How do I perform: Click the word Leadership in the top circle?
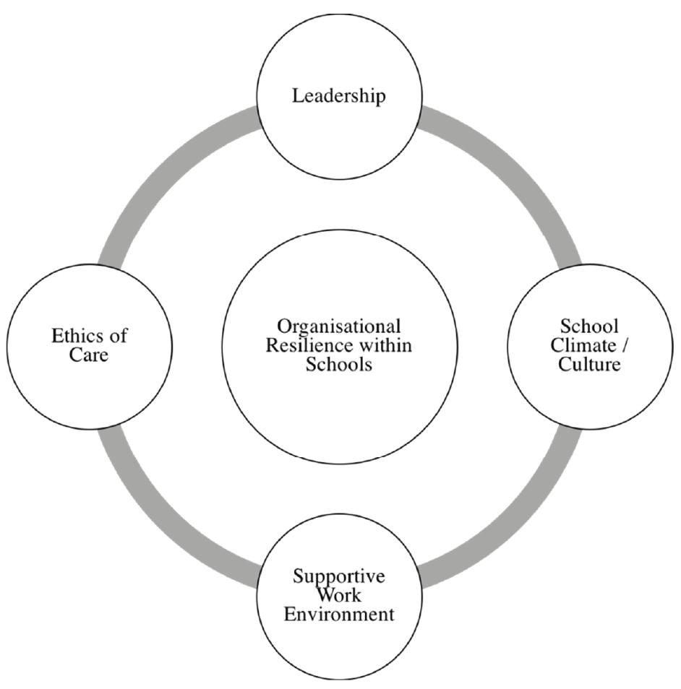[339, 96]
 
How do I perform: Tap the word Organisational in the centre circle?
[339, 326]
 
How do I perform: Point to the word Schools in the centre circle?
[339, 364]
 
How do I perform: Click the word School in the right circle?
[589, 326]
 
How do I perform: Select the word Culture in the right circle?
[589, 364]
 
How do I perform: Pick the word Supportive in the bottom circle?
[339, 577]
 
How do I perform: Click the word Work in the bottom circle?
[339, 596]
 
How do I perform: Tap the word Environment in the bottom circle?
[339, 615]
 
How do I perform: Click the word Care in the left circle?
[89, 355]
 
